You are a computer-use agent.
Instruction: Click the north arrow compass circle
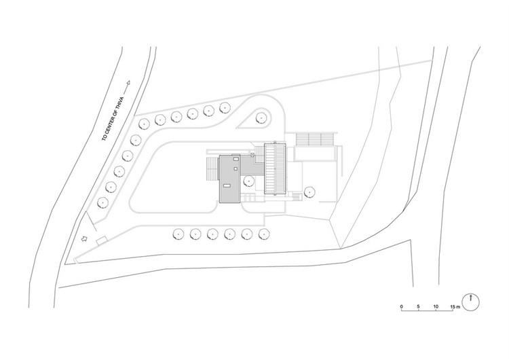pos(471,302)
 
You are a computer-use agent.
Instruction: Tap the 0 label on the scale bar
pos(402,306)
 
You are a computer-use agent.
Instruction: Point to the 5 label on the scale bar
pos(419,306)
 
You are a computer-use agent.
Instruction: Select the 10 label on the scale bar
pos(436,306)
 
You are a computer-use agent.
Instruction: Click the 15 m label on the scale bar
pos(455,306)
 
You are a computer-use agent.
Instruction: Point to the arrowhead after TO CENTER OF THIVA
pos(128,83)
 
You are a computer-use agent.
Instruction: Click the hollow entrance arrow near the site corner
pos(84,239)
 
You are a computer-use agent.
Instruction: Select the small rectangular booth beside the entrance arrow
pos(102,240)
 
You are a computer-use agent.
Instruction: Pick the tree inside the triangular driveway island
pos(261,118)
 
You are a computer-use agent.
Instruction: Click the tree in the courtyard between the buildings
pos(248,181)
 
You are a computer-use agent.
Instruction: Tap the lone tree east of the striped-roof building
pos(309,192)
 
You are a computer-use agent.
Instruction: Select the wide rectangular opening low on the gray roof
pos(227,185)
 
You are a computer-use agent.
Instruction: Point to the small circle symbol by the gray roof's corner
pos(252,156)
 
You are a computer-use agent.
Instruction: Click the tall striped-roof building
pos(275,168)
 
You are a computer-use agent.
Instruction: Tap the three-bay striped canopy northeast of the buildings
pos(314,139)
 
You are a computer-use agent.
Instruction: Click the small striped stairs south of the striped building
pos(297,197)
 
